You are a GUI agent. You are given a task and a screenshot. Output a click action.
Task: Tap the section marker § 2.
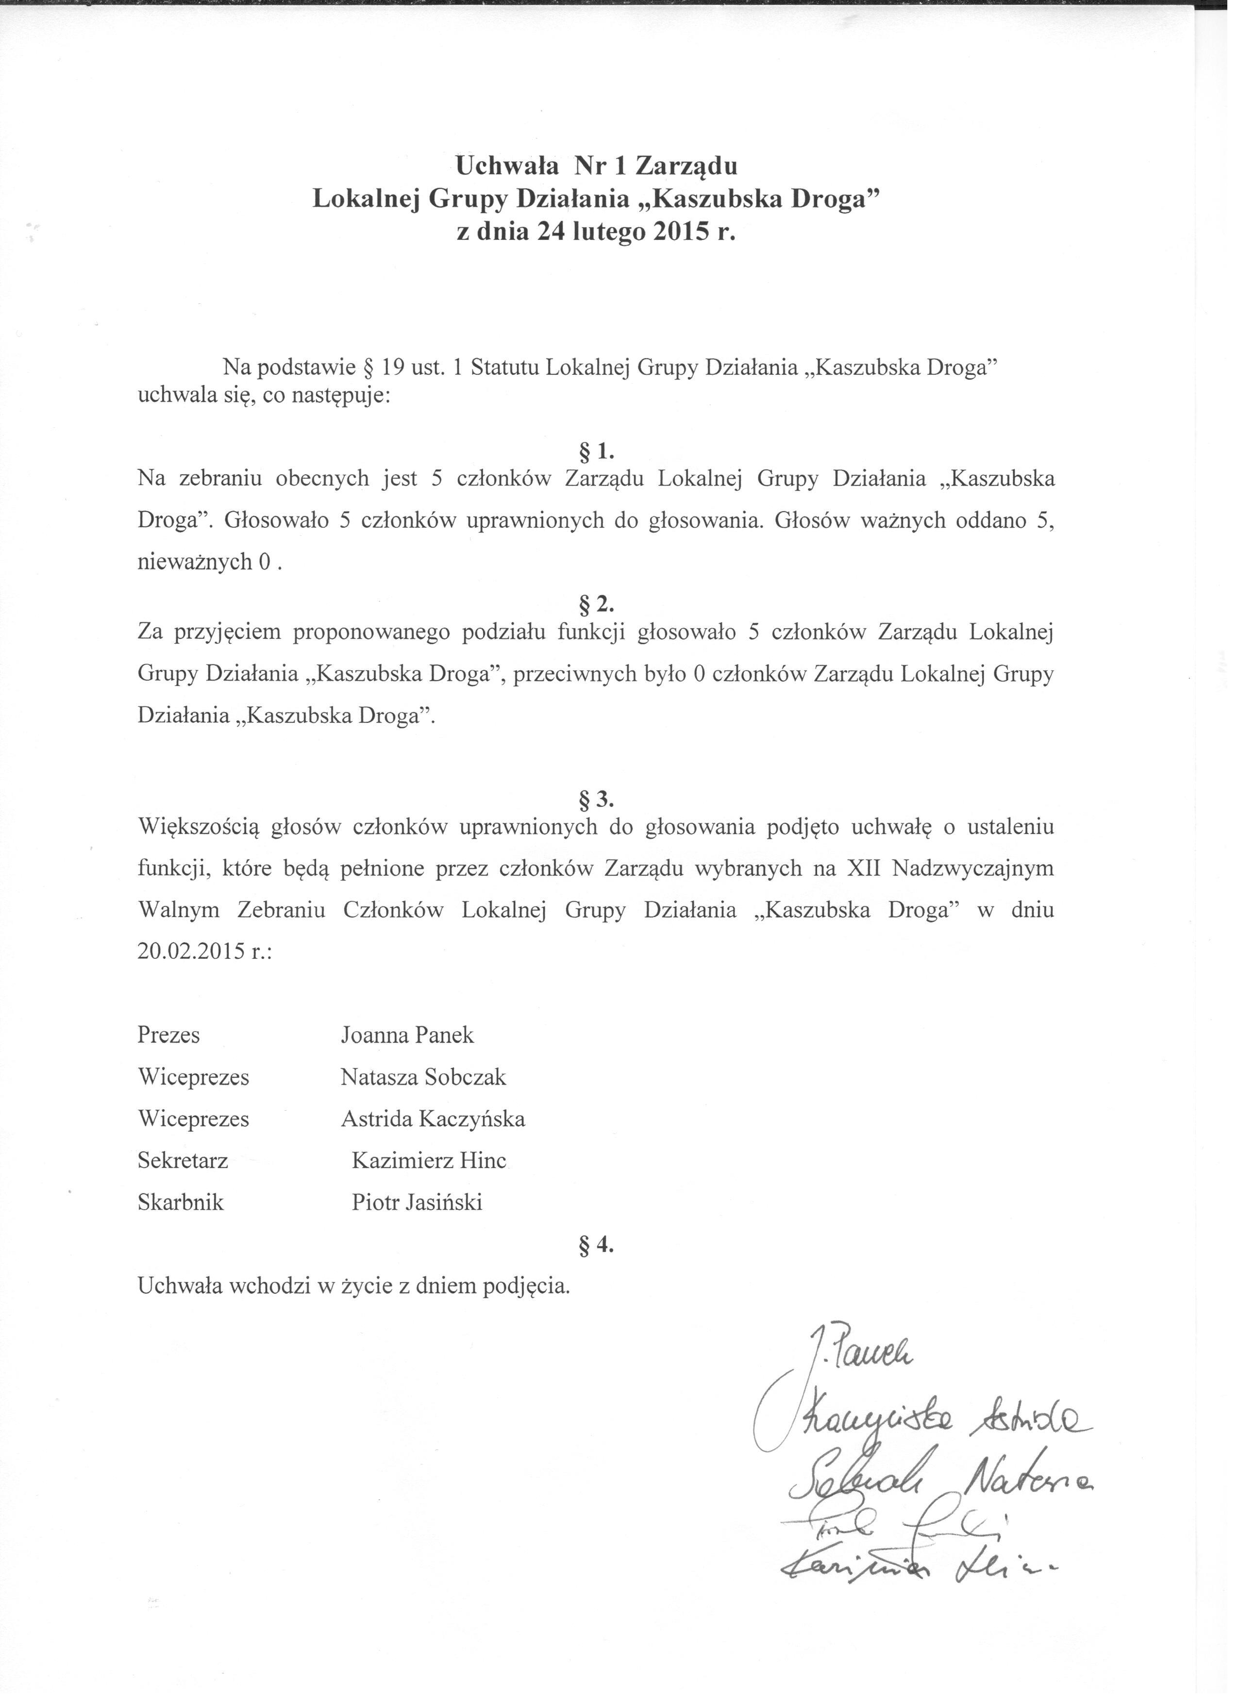597,603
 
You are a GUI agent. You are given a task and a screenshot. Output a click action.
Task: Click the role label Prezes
169,1035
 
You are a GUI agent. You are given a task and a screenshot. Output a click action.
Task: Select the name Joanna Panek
407,1035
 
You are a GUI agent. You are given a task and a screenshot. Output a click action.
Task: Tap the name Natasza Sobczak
423,1078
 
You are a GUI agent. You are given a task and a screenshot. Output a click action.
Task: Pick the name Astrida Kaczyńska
433,1119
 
